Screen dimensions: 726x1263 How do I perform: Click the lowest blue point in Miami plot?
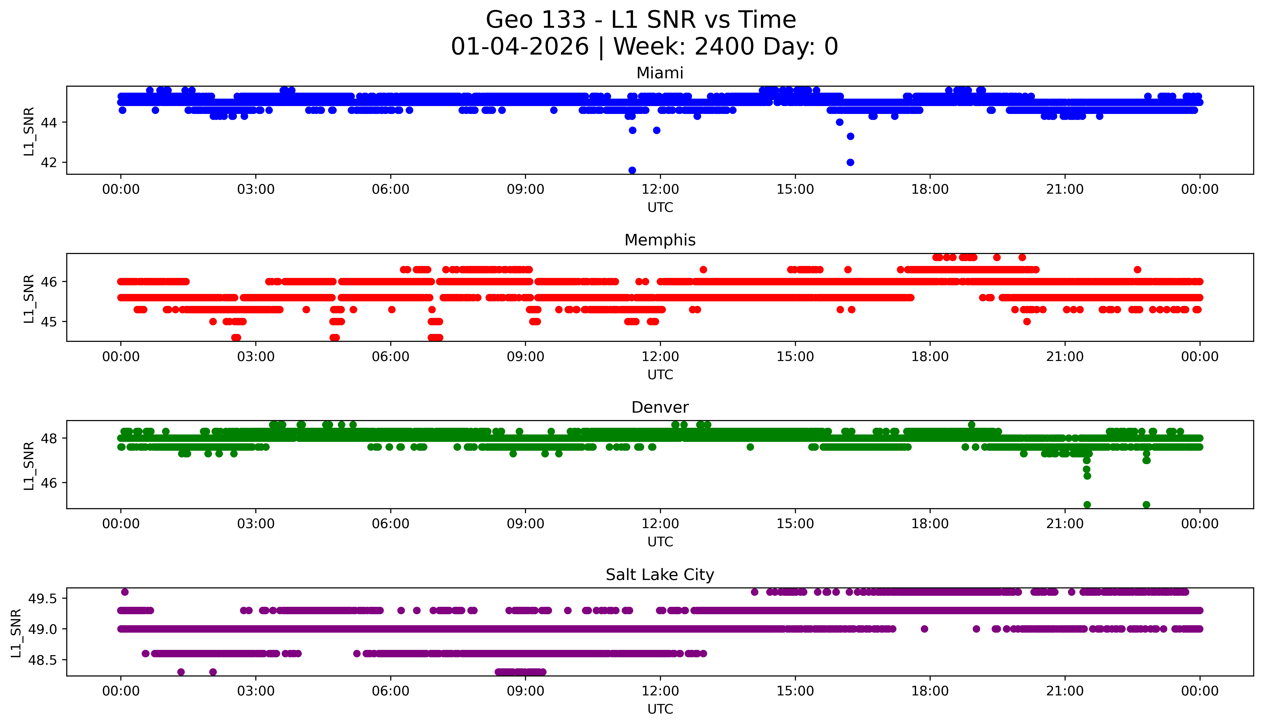click(x=632, y=170)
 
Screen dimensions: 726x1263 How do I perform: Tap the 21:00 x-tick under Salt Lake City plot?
click(x=1065, y=691)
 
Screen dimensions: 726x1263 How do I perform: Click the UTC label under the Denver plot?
click(x=660, y=541)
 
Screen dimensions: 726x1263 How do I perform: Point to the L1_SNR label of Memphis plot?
click(x=29, y=298)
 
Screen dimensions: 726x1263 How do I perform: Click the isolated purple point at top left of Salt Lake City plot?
click(x=125, y=592)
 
